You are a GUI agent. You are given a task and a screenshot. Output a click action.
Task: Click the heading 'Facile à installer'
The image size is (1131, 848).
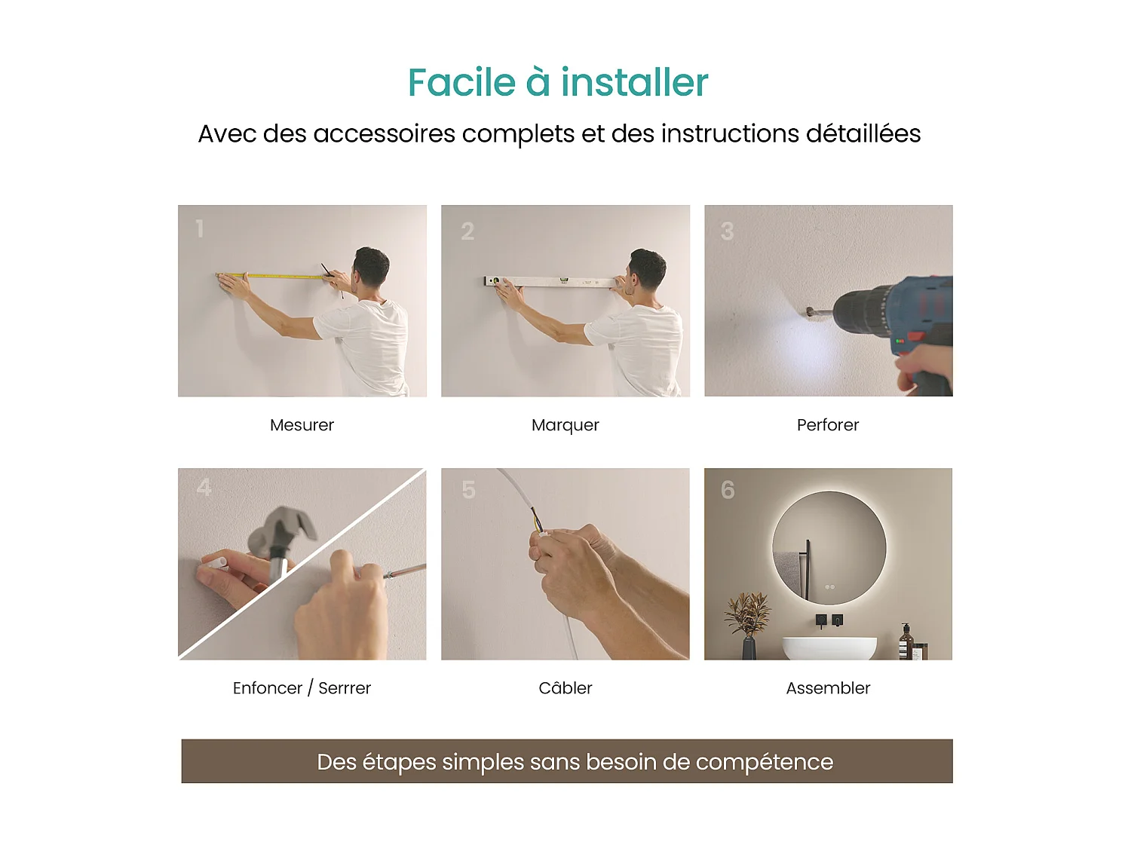point(558,82)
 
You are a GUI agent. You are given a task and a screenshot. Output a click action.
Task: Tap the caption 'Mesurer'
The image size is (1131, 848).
point(302,425)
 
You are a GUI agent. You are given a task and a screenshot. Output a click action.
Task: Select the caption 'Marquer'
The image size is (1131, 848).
point(565,425)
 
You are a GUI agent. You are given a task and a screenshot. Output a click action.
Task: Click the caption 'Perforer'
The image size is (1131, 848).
point(827,425)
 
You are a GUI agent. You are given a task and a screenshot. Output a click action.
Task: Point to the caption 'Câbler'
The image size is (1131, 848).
point(565,688)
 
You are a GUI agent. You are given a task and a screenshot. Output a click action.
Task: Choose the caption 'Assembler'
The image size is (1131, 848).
point(827,688)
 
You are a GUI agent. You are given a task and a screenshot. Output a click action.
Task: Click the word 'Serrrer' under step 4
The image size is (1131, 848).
point(345,688)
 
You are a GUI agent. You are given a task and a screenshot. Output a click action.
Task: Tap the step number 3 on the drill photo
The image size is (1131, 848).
point(727,231)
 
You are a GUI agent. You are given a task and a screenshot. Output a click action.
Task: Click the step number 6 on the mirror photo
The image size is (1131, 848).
point(728,491)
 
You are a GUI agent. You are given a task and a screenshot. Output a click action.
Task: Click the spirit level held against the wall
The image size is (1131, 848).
point(558,282)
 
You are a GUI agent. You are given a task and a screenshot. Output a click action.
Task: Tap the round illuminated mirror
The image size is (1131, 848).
point(829,547)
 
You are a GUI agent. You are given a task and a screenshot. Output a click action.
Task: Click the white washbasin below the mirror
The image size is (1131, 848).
point(829,648)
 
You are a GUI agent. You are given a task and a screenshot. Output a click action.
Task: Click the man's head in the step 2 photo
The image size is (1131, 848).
point(648,269)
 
